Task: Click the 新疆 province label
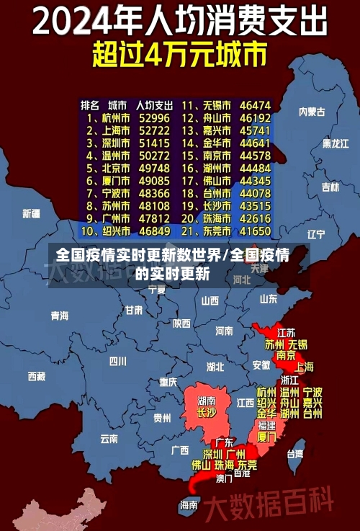[31, 213]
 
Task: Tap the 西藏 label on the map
[36, 376]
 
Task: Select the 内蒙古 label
[312, 112]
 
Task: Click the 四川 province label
[117, 361]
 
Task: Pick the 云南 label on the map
[109, 437]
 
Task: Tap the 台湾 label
[295, 454]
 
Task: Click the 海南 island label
[189, 505]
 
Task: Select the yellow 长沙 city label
[206, 414]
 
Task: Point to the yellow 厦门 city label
[266, 437]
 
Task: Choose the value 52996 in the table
[154, 118]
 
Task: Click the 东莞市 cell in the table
[216, 232]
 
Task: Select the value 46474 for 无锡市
[256, 105]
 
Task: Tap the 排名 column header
[90, 105]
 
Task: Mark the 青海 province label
[59, 316]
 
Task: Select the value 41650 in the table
[256, 232]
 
